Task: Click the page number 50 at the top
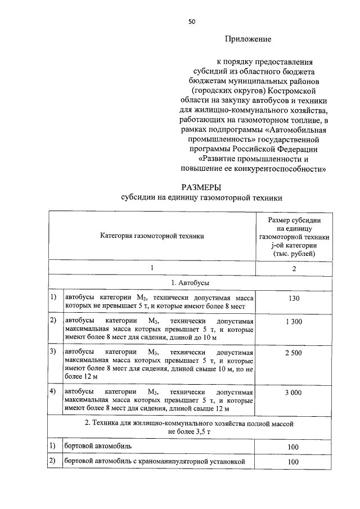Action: [192, 21]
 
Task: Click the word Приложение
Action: [248, 39]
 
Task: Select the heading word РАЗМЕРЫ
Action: [201, 187]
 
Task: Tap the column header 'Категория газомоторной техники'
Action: [152, 236]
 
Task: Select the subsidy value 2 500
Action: [294, 352]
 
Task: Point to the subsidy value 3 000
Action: [294, 392]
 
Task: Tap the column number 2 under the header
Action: [294, 268]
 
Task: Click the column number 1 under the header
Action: [152, 268]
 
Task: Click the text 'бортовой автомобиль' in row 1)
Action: [98, 446]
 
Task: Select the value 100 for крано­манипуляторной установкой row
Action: [294, 462]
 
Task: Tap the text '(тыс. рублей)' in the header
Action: [294, 254]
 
